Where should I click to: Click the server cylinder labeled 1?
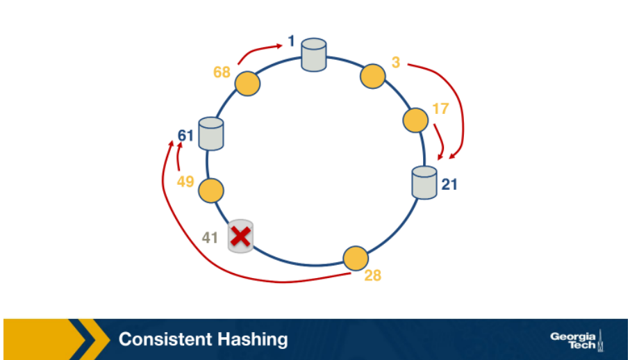[314, 55]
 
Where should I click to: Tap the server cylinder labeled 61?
[210, 133]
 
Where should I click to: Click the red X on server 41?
[240, 237]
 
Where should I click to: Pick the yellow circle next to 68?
[247, 84]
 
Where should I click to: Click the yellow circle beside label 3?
[373, 76]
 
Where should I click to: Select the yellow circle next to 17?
[415, 120]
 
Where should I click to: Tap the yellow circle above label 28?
[356, 259]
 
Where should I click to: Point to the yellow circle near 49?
[210, 190]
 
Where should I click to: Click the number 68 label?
[222, 72]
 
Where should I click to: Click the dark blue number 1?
[292, 42]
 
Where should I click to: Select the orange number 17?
[440, 109]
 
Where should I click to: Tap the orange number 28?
[373, 276]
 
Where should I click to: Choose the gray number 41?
[210, 238]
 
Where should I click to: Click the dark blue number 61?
[185, 135]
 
